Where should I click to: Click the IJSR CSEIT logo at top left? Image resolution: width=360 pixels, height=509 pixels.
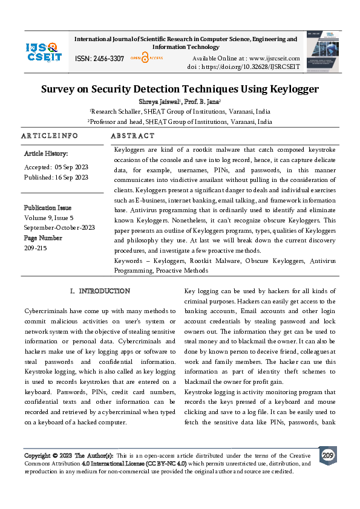44,51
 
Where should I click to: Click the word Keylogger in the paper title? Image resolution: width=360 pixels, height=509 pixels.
289,89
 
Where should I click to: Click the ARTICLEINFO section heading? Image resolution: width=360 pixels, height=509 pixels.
50,136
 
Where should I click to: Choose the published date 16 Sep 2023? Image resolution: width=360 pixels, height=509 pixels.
71,177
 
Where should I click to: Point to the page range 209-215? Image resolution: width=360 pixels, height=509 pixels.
36,248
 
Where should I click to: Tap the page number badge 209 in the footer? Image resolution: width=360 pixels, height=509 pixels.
328,456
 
